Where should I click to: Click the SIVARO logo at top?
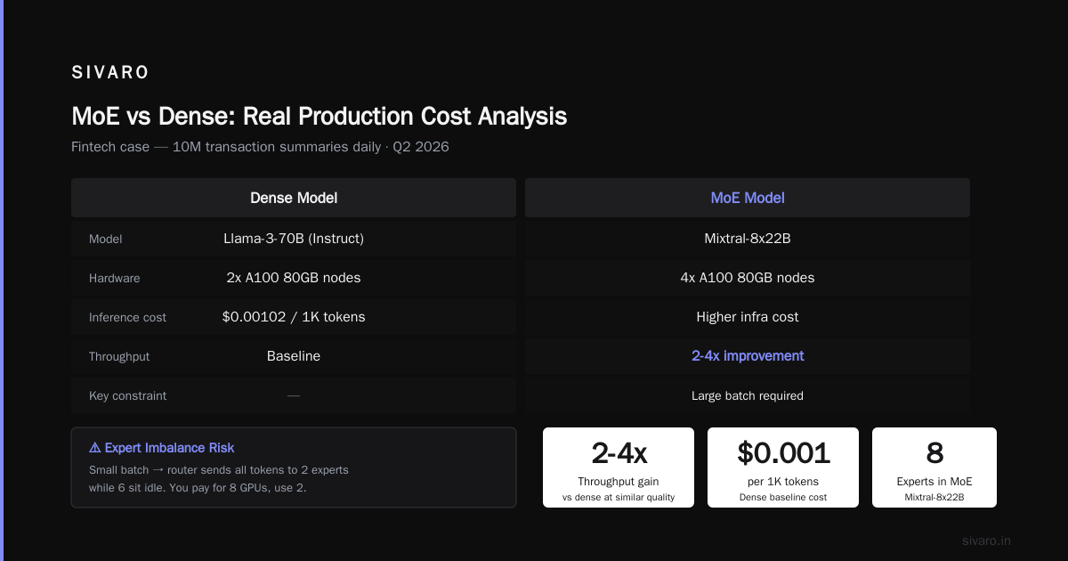[109, 72]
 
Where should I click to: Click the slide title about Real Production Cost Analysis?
[319, 117]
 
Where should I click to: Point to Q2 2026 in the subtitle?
[420, 146]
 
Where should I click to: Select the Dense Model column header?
[294, 198]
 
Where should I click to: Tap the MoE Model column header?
[747, 198]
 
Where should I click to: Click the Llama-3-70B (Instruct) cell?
[294, 238]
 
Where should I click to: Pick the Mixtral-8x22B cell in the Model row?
[747, 238]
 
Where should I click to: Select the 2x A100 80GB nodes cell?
[294, 278]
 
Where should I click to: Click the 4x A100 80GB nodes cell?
[747, 278]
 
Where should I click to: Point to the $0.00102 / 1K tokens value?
[294, 317]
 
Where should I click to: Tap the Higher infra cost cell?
[747, 317]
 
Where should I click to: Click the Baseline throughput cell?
[294, 356]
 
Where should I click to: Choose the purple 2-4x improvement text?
[747, 356]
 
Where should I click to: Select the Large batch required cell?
[747, 395]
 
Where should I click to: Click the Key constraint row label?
[128, 395]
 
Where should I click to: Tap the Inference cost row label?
[127, 317]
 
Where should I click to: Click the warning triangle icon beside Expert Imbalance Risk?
[95, 447]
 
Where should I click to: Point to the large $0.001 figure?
[783, 452]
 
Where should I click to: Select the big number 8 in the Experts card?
[934, 452]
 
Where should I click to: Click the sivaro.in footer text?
[986, 541]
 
